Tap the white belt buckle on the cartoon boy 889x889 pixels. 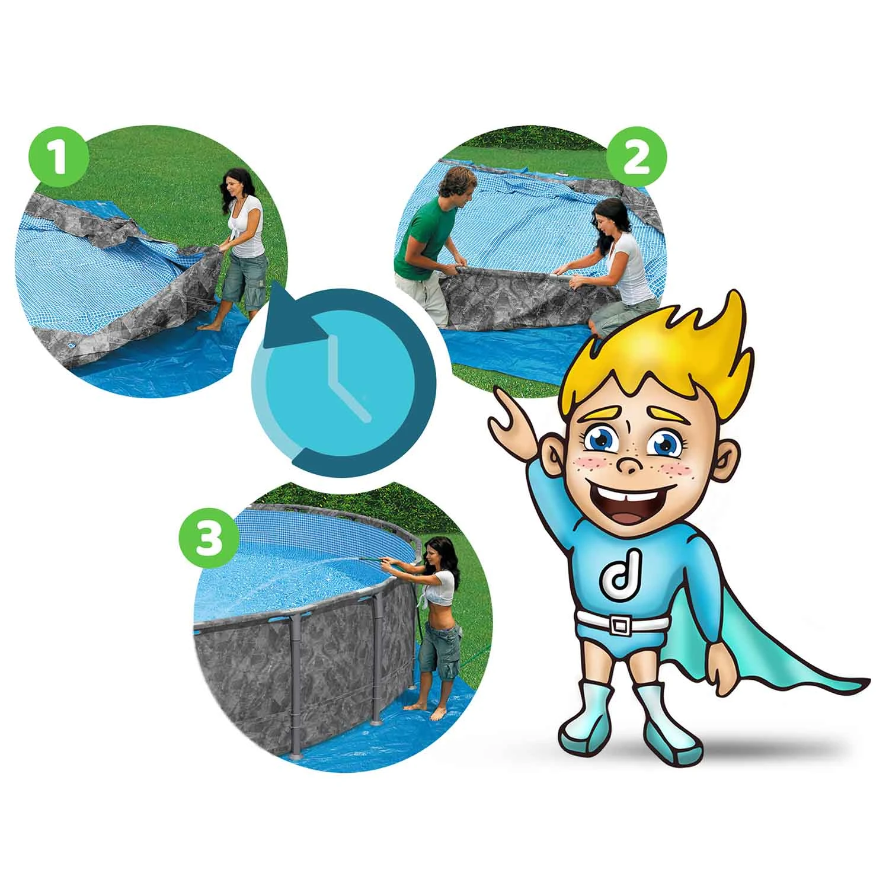pos(621,625)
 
